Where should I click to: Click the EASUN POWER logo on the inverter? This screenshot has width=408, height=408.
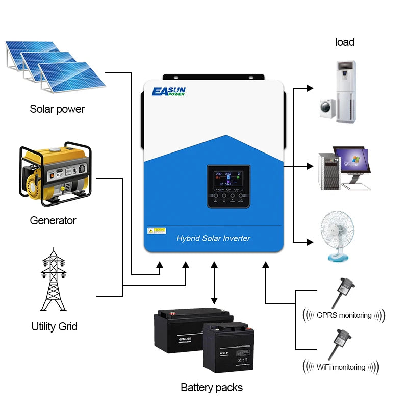point(169,92)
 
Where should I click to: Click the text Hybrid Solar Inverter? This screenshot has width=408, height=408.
point(213,238)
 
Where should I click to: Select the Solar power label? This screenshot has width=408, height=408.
point(57,109)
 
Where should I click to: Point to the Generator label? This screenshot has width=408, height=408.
point(53,220)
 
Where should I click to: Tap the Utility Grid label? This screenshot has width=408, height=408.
point(54,326)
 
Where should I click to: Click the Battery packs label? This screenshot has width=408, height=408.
point(212,388)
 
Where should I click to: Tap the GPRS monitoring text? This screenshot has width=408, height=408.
point(344,315)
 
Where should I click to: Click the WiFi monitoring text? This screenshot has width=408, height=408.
point(341,367)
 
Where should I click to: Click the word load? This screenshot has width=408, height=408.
point(345,42)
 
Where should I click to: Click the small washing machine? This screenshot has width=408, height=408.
point(327,109)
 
